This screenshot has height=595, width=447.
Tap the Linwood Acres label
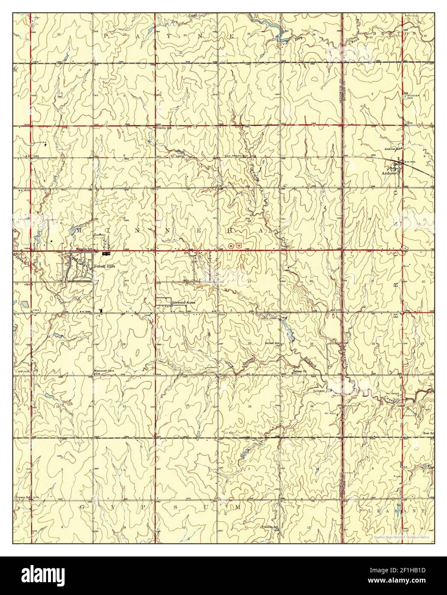click(x=184, y=302)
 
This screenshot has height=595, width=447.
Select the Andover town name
click(x=388, y=174)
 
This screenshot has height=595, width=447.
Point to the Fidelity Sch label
click(x=163, y=128)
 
